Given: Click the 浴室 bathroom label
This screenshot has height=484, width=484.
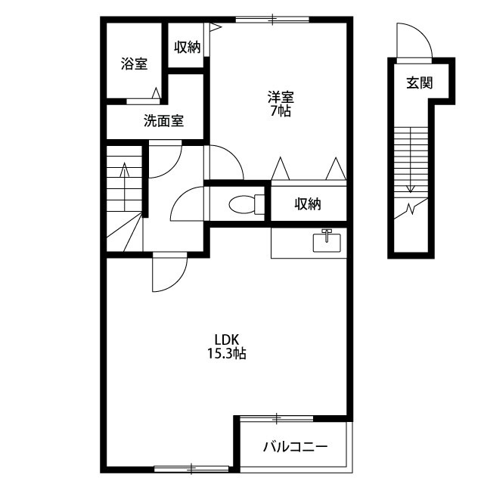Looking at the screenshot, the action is point(134,64).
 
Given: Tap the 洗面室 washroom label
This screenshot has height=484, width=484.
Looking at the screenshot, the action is point(163,121).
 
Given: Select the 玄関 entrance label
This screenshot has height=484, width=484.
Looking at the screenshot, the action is point(419,82).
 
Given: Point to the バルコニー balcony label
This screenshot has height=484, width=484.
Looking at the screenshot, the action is point(296,447).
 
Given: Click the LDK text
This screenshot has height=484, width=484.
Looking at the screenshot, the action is point(227,340).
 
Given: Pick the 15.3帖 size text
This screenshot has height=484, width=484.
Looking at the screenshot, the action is point(226,353).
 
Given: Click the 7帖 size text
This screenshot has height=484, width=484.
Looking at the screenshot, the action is point(281,111).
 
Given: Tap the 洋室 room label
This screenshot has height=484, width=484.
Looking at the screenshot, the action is point(281,98).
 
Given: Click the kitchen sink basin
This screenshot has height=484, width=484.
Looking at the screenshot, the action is point(327,242).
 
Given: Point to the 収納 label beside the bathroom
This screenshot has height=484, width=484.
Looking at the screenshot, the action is point(188,47).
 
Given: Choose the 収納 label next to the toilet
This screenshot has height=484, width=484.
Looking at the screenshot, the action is point(308,203).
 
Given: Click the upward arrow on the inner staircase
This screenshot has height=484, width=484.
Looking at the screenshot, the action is point(124,187).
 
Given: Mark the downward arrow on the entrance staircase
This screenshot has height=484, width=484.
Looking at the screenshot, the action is point(410,160).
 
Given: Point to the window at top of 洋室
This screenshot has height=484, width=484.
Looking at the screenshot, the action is point(272,20).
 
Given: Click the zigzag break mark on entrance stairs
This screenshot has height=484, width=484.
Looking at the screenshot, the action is point(411,209).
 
